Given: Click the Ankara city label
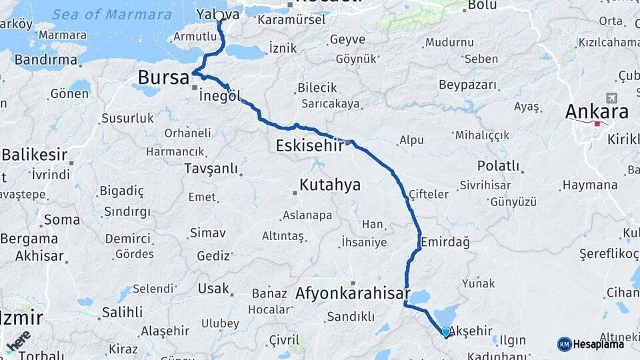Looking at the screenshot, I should (597, 111).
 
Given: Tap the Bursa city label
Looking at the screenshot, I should (164, 77).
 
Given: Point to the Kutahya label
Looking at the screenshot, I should (330, 184).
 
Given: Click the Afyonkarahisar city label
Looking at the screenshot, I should (343, 292).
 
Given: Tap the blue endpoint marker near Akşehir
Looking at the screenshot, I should (446, 331).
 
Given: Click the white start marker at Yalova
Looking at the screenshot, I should (219, 15).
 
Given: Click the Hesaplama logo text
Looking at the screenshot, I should (598, 344).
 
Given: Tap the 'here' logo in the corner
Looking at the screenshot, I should (19, 341).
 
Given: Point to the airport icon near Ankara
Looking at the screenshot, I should (612, 98).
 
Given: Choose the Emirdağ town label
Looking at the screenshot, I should (445, 242).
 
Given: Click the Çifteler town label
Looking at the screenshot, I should (429, 194).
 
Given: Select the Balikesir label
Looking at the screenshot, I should (34, 155).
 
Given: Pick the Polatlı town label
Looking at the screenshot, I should (498, 165).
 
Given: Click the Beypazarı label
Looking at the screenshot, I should (468, 85).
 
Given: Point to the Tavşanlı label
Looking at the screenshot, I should (211, 169).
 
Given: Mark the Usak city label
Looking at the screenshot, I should (213, 289).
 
